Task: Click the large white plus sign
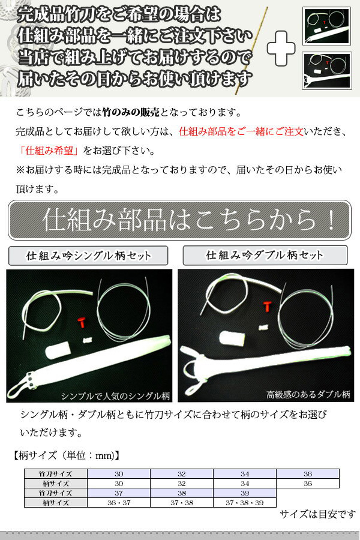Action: click(281, 49)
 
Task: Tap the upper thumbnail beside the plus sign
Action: click(326, 26)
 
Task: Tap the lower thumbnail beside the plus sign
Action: click(326, 71)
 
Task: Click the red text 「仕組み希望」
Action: click(49, 151)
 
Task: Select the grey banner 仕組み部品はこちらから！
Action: click(179, 220)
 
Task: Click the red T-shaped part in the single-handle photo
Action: click(82, 322)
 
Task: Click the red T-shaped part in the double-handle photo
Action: click(267, 307)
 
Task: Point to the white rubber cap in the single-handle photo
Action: click(58, 350)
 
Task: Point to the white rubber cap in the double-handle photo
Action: click(232, 338)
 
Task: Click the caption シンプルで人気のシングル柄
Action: click(115, 396)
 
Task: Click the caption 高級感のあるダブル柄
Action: click(308, 395)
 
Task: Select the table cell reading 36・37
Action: click(119, 502)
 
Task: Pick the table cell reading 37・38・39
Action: click(245, 502)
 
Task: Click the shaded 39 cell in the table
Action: click(245, 493)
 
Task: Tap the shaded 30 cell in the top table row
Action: click(119, 474)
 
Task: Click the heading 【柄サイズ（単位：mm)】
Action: click(67, 455)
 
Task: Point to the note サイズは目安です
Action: click(317, 515)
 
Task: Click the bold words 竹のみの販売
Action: click(131, 112)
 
